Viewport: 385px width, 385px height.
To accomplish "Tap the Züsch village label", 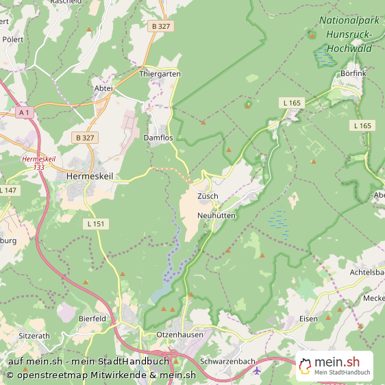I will (x=208, y=196).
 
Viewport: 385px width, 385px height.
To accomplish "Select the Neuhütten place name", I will (x=216, y=215).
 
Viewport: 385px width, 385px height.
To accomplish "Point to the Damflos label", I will (x=158, y=138).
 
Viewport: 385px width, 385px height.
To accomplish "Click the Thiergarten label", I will (x=160, y=73).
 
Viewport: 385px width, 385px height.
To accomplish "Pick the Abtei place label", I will (x=102, y=88).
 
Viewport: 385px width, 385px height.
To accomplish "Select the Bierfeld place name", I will (x=92, y=319).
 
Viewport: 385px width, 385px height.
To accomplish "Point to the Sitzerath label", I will (x=34, y=336).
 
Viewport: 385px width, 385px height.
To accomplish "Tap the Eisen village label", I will (x=309, y=319).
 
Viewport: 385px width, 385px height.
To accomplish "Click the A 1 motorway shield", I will (x=25, y=112).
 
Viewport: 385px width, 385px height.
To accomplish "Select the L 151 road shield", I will (x=97, y=223).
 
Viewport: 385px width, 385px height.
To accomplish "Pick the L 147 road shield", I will (x=8, y=190).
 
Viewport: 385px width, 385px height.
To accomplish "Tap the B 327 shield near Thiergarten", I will (x=160, y=26).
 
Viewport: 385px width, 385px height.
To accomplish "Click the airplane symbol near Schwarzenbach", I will (x=256, y=371).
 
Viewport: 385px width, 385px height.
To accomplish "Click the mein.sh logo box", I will (x=335, y=366).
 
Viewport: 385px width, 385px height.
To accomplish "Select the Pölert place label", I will (x=13, y=40).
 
